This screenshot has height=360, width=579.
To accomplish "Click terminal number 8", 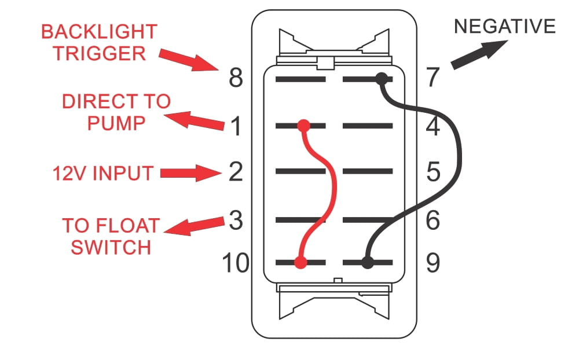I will [x=235, y=78].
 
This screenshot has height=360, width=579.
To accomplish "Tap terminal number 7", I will [x=433, y=78].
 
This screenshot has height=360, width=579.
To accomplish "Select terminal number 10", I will [x=235, y=263].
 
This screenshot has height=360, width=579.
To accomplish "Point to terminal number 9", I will [x=433, y=263].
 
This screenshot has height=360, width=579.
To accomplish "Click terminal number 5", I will [x=433, y=172].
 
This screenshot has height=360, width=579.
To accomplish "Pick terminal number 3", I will [x=235, y=221].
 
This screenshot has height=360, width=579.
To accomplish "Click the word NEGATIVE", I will [x=505, y=26].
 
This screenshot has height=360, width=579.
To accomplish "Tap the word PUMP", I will [x=116, y=123].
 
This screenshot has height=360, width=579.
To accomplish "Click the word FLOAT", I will [x=131, y=225].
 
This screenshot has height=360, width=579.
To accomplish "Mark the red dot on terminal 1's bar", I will [x=303, y=124].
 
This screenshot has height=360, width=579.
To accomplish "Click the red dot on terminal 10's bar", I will [x=300, y=263].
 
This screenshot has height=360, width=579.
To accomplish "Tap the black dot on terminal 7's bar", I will [x=381, y=78].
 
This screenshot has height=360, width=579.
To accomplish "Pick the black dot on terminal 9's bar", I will [x=367, y=262].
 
